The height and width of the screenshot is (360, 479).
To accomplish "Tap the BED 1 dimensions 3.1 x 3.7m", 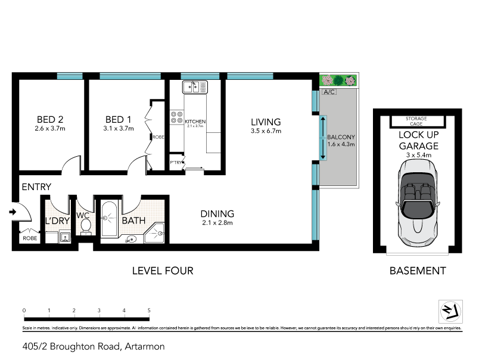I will point(119,128).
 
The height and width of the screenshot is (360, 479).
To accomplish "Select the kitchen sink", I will point(195,87).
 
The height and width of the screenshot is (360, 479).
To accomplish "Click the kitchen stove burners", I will point(177,117).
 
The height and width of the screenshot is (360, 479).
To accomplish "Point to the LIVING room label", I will point(265,122).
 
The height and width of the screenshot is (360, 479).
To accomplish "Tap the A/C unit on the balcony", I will point(328,92).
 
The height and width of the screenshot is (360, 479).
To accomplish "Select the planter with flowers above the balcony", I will point(338,80).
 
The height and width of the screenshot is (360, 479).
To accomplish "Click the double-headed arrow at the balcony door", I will point(323,138).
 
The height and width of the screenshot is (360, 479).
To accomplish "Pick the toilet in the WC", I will point(85,226).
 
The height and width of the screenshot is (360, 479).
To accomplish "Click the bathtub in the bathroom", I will point(110,221).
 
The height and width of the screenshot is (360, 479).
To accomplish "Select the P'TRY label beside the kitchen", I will point(176,162).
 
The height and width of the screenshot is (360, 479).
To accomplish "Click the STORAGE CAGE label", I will point(416,121).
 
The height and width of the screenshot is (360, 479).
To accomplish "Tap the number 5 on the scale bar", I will point(149,311).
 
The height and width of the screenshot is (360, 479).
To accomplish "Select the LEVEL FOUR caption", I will point(163,271).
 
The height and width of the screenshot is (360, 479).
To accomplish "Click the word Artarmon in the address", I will point(144,346).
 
